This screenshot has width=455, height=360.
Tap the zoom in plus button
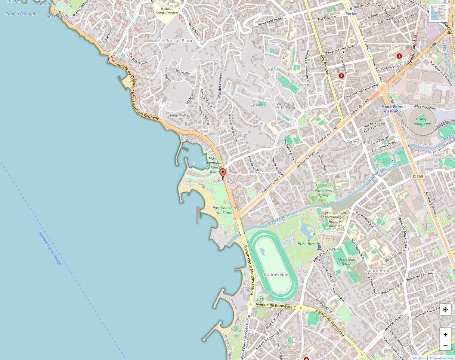[x=445, y=335]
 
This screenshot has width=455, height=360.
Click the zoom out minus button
[x=445, y=345]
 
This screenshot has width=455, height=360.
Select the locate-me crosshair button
[x=445, y=310]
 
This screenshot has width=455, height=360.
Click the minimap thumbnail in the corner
[x=438, y=13]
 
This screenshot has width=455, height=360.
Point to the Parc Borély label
[x=307, y=244]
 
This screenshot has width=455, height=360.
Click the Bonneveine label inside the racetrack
[x=276, y=274]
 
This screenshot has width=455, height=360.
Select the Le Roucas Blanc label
[x=176, y=40]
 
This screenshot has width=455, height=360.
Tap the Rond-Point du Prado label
[x=391, y=109]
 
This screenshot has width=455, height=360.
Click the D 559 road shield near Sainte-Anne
[x=419, y=176]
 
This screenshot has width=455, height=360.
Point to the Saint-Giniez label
[x=360, y=142]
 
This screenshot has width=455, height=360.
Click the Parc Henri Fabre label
[x=324, y=193]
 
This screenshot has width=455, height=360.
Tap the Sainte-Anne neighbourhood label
[x=378, y=271]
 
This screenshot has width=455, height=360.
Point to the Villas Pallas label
[x=180, y=116]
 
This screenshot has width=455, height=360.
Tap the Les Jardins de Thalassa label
[x=285, y=105]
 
